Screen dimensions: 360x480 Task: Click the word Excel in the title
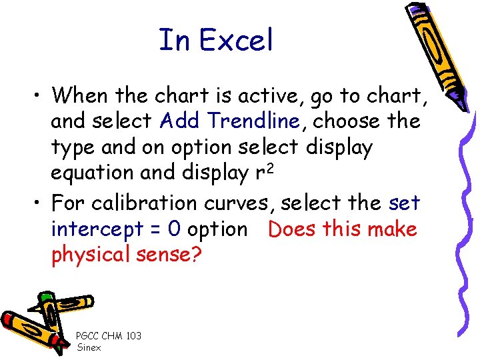[x=236, y=41]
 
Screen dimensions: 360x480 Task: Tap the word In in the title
[x=175, y=41]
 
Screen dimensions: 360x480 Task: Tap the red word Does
[x=292, y=229]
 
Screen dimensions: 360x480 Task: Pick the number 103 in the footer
[x=133, y=336]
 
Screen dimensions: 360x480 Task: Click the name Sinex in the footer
[x=89, y=347]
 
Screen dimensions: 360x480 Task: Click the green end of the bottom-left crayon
[x=45, y=297]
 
